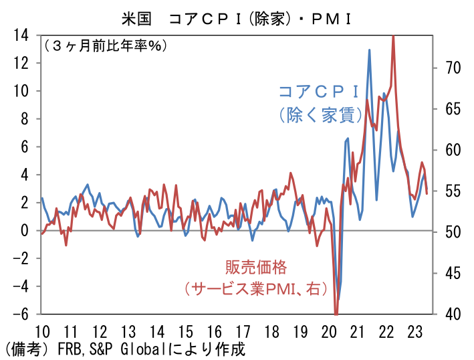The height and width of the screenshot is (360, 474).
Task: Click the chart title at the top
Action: (x=237, y=15)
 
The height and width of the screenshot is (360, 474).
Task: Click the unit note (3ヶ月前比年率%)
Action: (x=106, y=46)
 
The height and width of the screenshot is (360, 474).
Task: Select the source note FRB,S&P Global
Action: (x=124, y=349)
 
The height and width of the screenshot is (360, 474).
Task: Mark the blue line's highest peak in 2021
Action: (x=369, y=50)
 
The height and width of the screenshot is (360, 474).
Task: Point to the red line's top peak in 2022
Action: (x=392, y=36)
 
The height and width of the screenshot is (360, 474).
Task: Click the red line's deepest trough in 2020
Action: (x=336, y=312)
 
